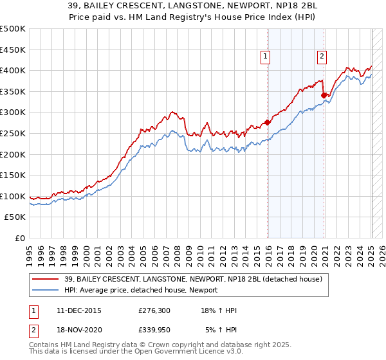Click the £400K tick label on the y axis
tap(13, 70)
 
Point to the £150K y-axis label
tap(13, 175)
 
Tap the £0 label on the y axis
tap(20, 238)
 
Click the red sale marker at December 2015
tap(268, 122)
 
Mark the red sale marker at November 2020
tap(324, 95)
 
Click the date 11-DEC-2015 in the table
tap(78, 310)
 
